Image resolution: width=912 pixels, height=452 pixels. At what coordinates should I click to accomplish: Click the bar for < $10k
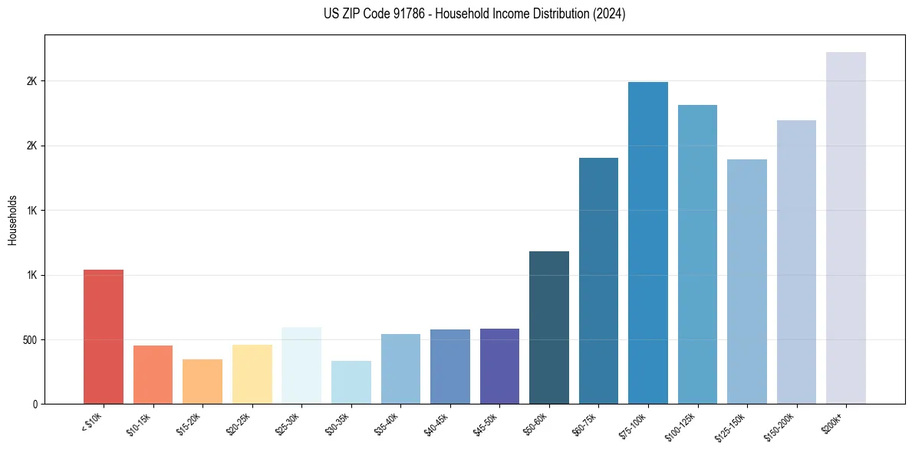104,337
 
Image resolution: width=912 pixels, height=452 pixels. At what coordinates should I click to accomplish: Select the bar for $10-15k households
153,375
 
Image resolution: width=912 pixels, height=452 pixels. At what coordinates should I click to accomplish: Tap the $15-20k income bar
202,382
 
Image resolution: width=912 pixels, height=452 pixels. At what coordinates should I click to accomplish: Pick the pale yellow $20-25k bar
252,375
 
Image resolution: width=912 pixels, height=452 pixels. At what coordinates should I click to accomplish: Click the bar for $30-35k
351,382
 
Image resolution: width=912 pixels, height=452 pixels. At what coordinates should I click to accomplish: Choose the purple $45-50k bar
499,366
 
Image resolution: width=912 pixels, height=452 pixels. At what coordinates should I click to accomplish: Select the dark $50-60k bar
549,328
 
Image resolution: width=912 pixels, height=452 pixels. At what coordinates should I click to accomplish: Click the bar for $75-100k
648,243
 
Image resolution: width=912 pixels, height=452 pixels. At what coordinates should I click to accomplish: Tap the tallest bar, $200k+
846,228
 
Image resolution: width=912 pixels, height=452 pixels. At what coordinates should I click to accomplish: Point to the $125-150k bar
747,282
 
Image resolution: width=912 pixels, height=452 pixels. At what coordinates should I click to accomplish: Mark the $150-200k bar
796,262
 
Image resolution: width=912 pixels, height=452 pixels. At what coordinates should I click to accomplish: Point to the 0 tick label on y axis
34,404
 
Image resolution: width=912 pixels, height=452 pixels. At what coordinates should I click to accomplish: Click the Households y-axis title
12,219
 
